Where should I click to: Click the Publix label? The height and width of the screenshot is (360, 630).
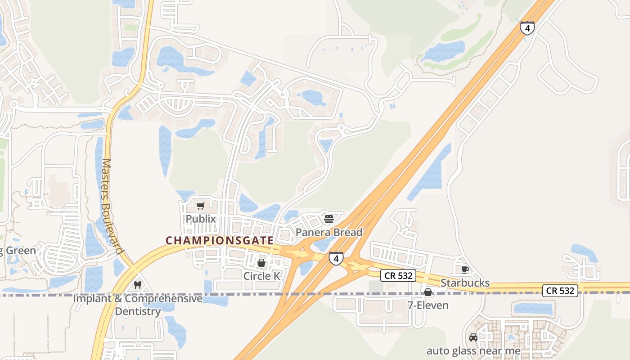point(201,219)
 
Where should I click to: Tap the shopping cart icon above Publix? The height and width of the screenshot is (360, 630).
point(201,206)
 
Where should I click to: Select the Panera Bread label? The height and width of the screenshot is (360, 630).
point(329,232)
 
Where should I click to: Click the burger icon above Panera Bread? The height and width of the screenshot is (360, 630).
point(329,219)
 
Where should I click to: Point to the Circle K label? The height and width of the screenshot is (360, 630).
point(261,276)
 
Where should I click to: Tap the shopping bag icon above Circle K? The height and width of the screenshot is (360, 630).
point(261,263)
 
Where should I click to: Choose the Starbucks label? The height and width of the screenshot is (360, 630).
point(465,283)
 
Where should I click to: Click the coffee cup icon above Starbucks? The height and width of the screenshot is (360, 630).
point(465,270)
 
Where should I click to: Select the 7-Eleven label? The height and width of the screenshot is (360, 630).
point(428,305)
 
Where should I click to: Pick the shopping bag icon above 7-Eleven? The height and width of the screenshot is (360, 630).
point(428,292)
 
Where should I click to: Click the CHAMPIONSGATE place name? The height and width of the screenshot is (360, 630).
point(220,241)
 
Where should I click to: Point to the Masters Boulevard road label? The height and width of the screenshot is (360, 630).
point(112,207)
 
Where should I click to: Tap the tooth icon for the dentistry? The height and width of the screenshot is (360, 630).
point(138,285)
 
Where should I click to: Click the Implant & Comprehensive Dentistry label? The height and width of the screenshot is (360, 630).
point(138,305)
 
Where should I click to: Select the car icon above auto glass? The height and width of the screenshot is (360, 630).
point(473,337)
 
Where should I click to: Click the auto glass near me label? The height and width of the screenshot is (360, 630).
point(473,351)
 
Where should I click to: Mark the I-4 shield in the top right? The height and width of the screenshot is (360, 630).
point(527,28)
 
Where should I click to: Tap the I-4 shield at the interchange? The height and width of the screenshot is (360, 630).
point(336,258)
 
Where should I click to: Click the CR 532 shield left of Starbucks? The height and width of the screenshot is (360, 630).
point(398,275)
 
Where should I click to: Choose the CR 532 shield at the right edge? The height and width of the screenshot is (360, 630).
point(560,290)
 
